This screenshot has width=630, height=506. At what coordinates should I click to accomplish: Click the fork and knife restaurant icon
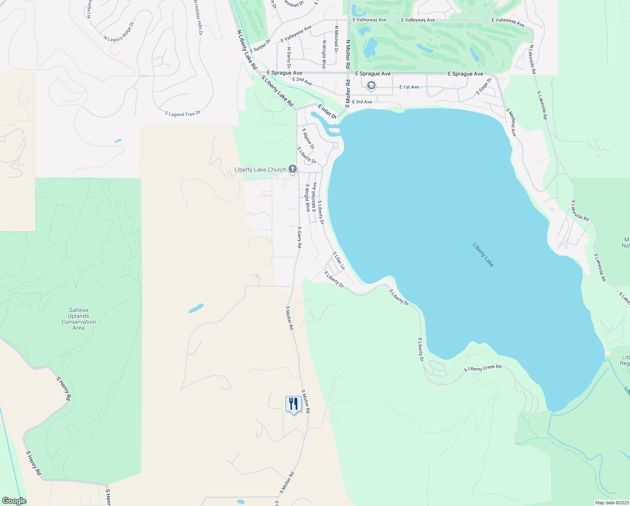click(294, 404)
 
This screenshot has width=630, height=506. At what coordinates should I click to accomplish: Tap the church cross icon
click(293, 170)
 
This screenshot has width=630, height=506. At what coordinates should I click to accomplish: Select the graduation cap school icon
click(371, 86)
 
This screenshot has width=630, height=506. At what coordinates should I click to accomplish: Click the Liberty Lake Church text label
click(260, 170)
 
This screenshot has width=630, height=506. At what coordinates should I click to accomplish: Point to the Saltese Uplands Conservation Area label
click(79, 319)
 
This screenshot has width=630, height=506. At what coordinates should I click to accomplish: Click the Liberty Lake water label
click(483, 255)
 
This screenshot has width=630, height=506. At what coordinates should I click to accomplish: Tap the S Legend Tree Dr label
click(182, 114)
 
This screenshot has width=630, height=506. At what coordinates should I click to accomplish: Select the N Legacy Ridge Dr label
click(119, 32)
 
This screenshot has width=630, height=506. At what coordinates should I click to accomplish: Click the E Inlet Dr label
click(327, 112)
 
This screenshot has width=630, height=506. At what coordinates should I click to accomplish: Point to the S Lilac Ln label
click(339, 261)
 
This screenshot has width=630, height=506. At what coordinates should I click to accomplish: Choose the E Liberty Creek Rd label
click(483, 368)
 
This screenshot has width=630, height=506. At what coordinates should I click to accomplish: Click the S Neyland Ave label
click(511, 122)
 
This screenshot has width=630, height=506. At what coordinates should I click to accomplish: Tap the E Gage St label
click(484, 86)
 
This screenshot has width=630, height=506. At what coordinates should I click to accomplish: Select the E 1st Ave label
click(409, 87)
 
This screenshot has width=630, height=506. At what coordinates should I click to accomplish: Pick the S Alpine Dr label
click(308, 139)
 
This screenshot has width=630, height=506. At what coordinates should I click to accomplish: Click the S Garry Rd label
click(299, 237)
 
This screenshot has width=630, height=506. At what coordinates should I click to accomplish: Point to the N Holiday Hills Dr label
click(198, 17)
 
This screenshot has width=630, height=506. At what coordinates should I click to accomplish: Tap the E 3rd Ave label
click(362, 102)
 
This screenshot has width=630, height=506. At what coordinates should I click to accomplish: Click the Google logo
click(14, 501)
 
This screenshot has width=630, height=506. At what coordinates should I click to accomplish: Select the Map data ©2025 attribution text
click(611, 503)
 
